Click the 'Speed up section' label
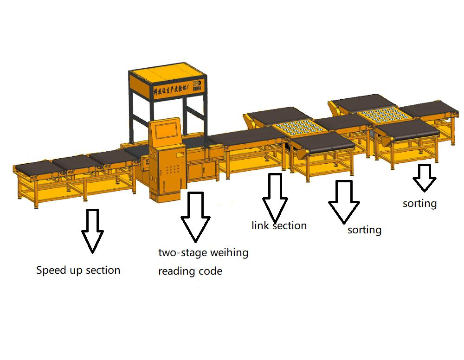(78, 270)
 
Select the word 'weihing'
(229, 253)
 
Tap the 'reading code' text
(190, 271)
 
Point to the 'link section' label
(279, 226)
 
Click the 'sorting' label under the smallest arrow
(419, 203)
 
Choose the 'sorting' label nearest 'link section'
(364, 230)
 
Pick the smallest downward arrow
(424, 178)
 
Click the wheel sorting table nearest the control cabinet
(293, 128)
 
